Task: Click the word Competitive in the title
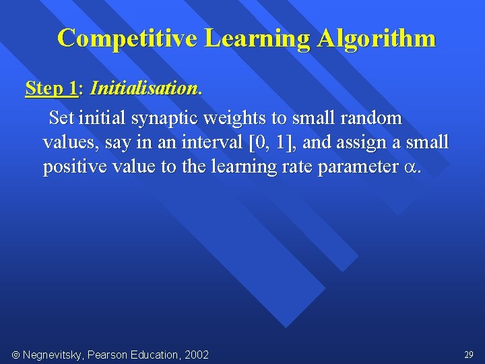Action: coord(127,38)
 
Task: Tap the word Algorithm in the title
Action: coord(377,38)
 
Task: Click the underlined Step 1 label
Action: coord(51,88)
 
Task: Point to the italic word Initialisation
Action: coord(144,88)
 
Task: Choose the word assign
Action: coord(370,143)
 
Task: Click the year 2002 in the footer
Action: coord(195,355)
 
